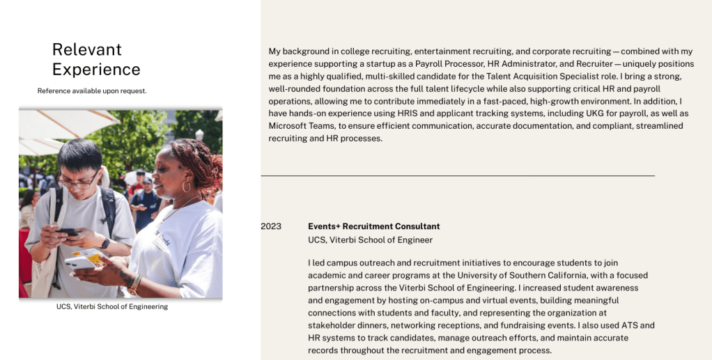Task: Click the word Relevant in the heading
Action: pos(86,49)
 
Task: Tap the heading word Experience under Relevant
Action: pos(96,70)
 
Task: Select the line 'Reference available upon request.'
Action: pos(92,91)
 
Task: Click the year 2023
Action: pos(271,226)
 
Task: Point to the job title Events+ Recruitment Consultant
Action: pos(373,226)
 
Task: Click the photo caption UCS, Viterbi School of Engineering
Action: pos(112,306)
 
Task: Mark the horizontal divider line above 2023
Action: pos(458,176)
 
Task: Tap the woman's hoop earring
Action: pos(186,187)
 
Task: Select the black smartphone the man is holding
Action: pos(69,230)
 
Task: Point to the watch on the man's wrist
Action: pos(105,243)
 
